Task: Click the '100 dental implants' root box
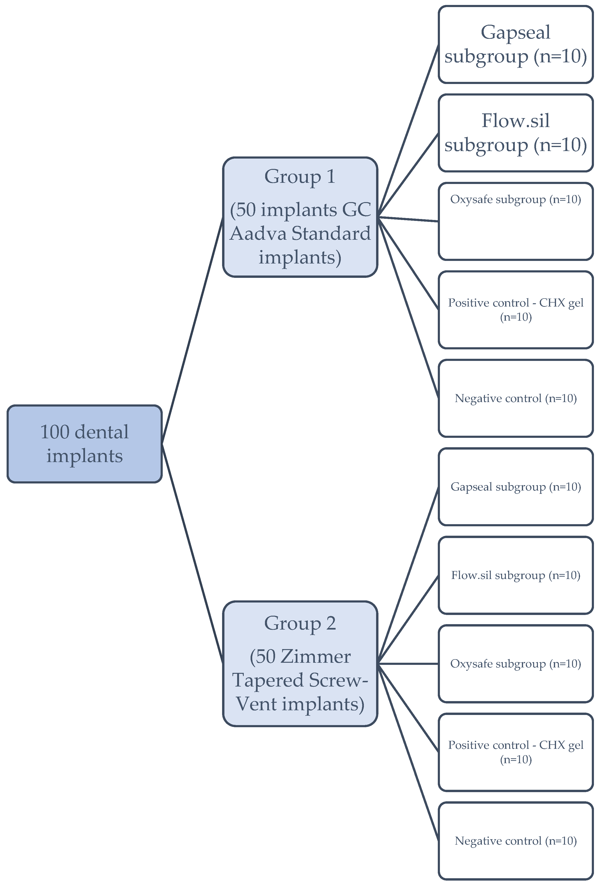click(84, 444)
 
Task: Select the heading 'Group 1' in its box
click(300, 176)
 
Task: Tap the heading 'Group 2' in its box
click(300, 623)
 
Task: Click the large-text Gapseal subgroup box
click(516, 44)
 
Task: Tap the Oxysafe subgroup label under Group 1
click(516, 200)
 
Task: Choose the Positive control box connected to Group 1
click(516, 310)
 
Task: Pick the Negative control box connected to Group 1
click(516, 398)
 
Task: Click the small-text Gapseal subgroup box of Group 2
click(516, 487)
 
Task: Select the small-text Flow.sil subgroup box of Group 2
click(516, 575)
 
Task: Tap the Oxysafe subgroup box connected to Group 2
click(516, 664)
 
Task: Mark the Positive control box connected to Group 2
click(516, 752)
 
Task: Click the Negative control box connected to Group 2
click(516, 841)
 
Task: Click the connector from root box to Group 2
click(192, 554)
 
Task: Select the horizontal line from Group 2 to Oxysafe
click(407, 664)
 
